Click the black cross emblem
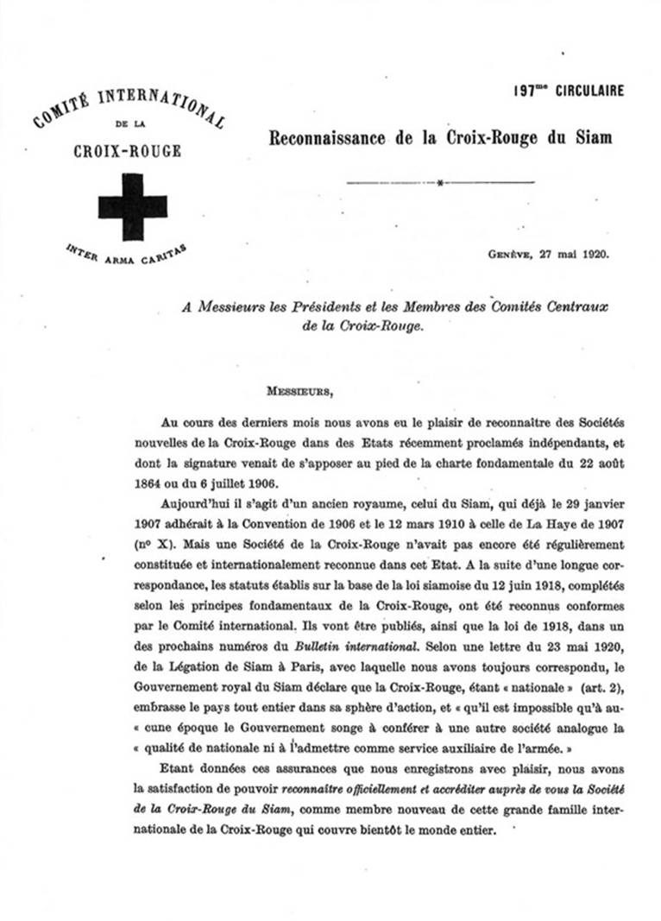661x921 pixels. pyautogui.click(x=132, y=206)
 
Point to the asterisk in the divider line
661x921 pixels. pyautogui.click(x=439, y=183)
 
